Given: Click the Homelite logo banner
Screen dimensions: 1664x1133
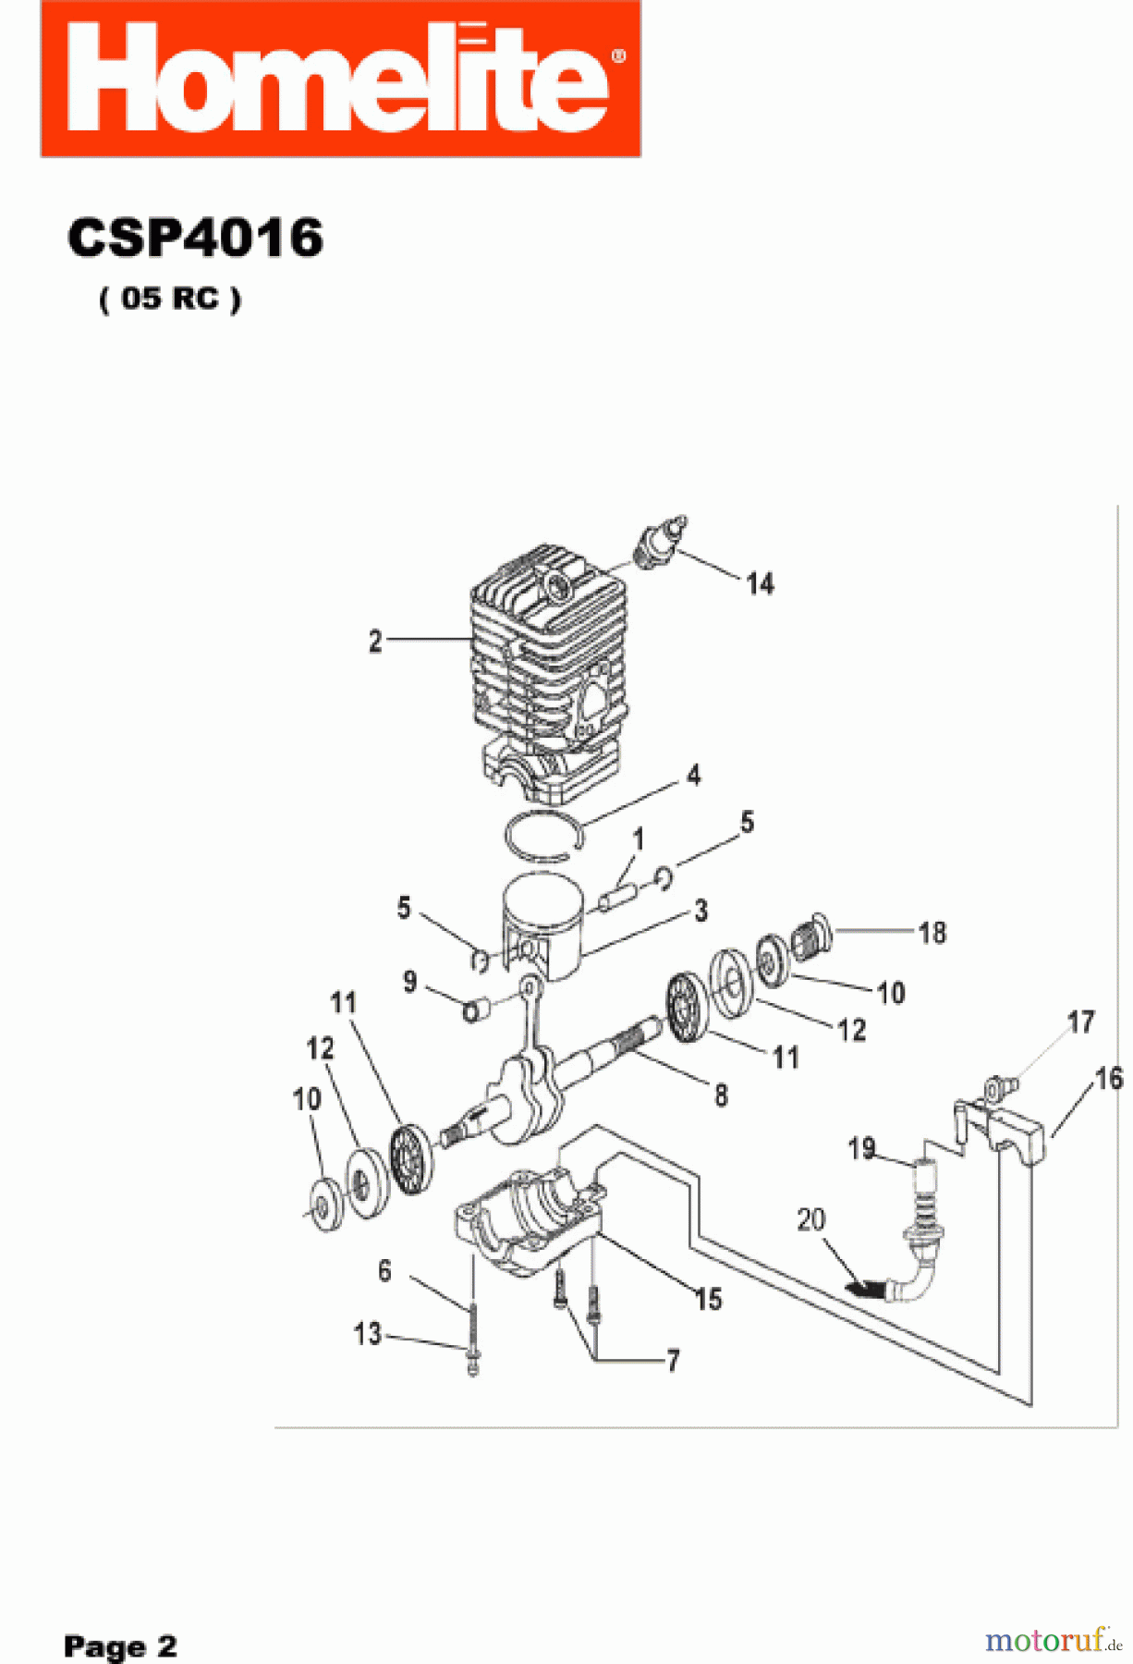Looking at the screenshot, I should point(340,79).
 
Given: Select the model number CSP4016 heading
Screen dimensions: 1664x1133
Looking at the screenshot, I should point(195,239).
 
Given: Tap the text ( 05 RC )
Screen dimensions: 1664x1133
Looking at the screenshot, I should point(170,299).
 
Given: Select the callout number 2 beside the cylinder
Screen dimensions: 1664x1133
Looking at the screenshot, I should point(375,642).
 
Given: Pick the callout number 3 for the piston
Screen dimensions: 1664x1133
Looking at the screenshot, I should point(701,911).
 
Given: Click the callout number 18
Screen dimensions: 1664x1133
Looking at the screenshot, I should point(932,933).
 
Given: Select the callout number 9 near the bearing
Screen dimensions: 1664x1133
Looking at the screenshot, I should point(410,982).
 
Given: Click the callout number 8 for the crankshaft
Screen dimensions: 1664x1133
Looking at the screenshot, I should point(722,1095).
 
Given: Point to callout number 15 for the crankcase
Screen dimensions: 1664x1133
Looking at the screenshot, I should point(709,1299).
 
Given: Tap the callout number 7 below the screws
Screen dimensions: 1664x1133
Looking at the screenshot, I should point(674,1361).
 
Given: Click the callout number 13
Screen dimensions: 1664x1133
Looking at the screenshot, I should point(367,1334).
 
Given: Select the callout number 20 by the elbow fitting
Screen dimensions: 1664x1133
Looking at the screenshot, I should point(810,1219).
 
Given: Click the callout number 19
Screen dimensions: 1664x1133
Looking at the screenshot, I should point(861,1148).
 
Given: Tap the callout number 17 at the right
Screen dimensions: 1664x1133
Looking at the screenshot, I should point(1080,1022).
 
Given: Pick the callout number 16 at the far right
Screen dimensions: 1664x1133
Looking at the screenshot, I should point(1109,1078).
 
